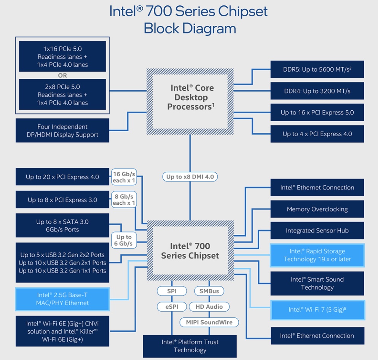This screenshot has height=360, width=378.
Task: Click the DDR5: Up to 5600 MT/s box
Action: pos(317,69)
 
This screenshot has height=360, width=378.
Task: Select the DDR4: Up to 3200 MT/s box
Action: pos(317,91)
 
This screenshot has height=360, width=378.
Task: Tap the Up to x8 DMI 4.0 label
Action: pos(190,177)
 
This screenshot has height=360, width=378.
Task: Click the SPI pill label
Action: pos(172,291)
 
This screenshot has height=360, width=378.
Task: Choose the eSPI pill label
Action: pos(172,306)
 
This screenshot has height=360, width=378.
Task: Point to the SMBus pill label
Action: pos(209,291)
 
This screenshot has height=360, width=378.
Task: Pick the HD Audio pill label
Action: pos(209,306)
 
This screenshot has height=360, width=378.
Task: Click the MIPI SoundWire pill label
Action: pos(209,322)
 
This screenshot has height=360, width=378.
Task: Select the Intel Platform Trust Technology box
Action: pos(190,346)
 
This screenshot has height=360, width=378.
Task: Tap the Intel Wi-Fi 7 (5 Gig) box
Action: pos(317,310)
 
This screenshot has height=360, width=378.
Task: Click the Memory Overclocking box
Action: pos(317,209)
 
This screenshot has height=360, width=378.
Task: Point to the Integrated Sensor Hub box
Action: pos(317,230)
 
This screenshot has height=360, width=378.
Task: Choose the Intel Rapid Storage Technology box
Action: pos(317,255)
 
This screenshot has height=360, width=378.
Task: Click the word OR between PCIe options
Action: pos(62,75)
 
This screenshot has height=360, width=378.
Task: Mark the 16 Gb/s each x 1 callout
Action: pos(124,177)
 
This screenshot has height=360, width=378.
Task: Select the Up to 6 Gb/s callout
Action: pos(124,240)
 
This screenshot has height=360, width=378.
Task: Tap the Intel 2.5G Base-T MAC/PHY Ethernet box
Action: pos(62,299)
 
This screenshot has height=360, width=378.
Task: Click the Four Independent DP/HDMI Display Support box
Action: pos(62,131)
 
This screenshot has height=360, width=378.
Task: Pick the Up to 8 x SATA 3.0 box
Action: pos(62,225)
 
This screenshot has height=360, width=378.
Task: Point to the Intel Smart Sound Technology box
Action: pos(317,284)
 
